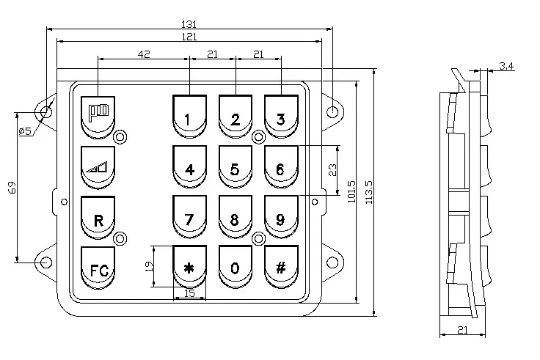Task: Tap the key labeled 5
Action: click(x=235, y=169)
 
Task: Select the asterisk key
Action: click(x=189, y=268)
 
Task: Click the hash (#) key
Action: click(x=281, y=268)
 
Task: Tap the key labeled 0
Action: click(x=235, y=268)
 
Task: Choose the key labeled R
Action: click(x=98, y=219)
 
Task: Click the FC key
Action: click(x=98, y=269)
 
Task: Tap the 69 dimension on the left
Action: click(x=12, y=188)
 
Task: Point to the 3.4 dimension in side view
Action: click(x=506, y=67)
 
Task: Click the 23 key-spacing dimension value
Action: click(x=332, y=170)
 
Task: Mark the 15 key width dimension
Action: click(x=189, y=295)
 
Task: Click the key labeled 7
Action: click(x=189, y=218)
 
